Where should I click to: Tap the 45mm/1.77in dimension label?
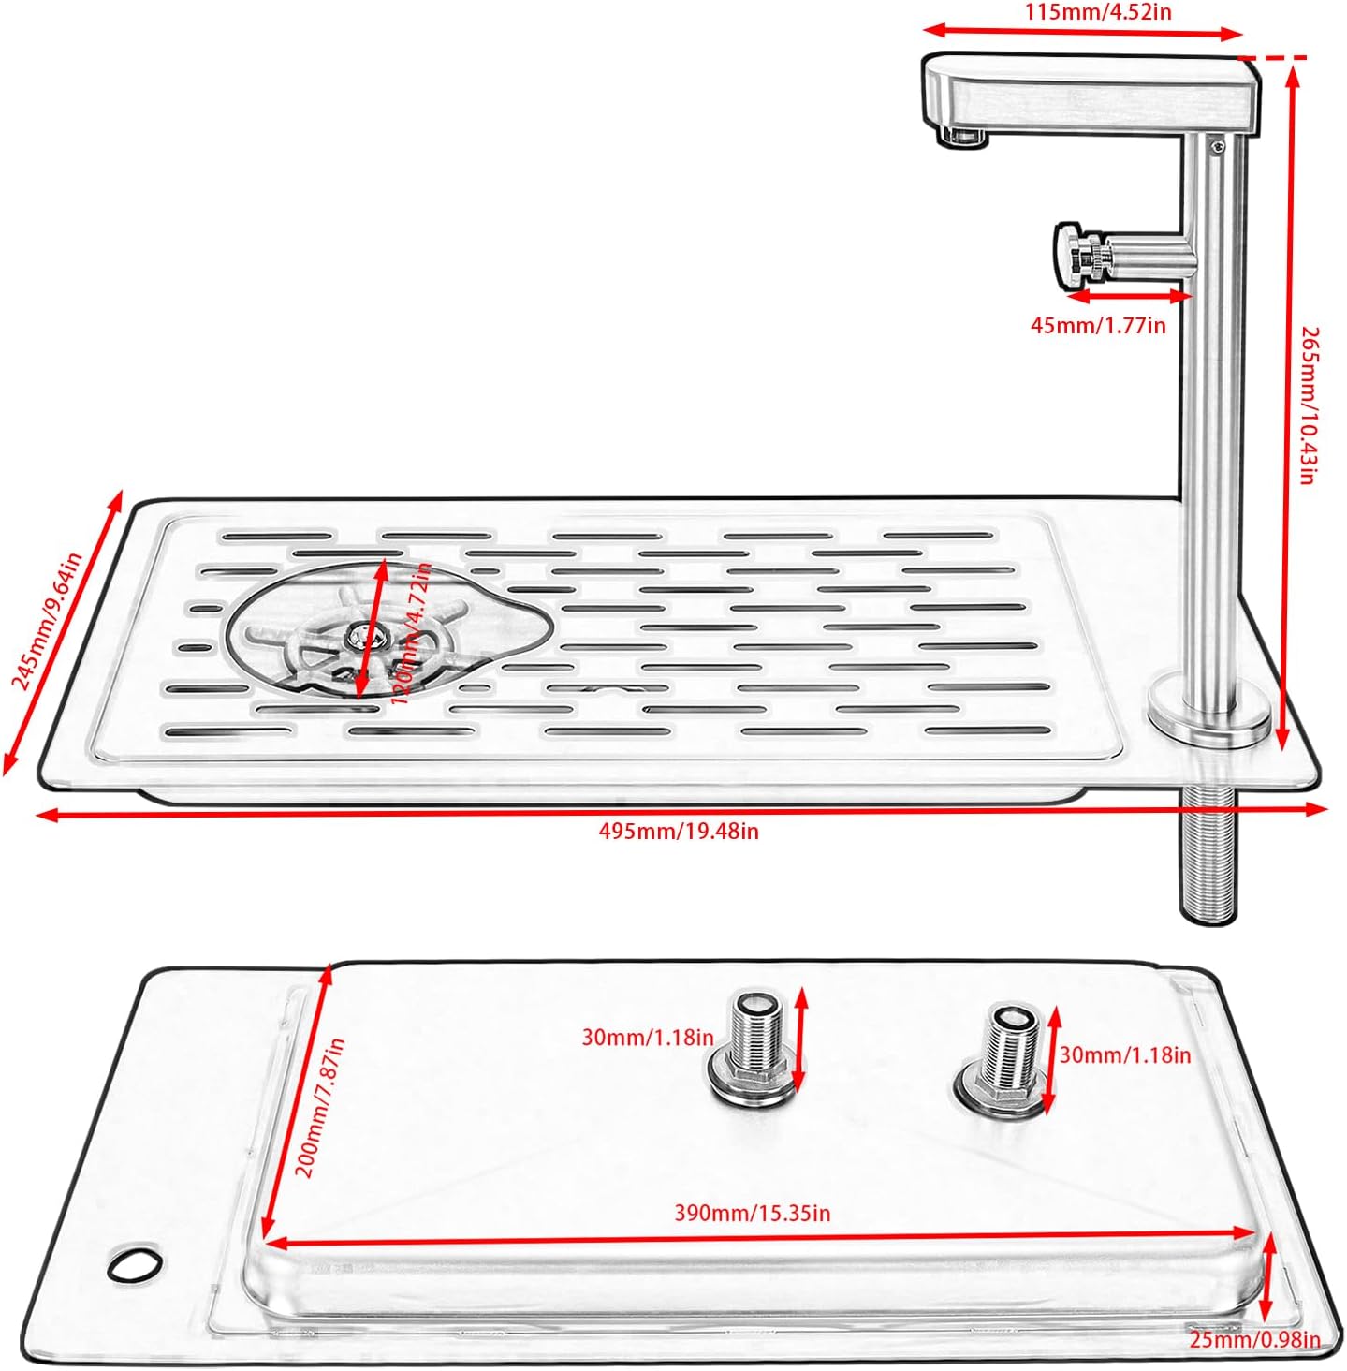[1098, 326]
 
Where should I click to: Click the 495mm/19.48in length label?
[679, 832]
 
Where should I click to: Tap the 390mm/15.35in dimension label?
[753, 1214]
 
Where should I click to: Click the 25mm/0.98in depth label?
[1254, 1340]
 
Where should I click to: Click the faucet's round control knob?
[1069, 255]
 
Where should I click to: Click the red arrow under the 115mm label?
[1085, 33]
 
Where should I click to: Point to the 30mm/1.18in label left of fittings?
[648, 1038]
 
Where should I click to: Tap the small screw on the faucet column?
[1216, 146]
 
